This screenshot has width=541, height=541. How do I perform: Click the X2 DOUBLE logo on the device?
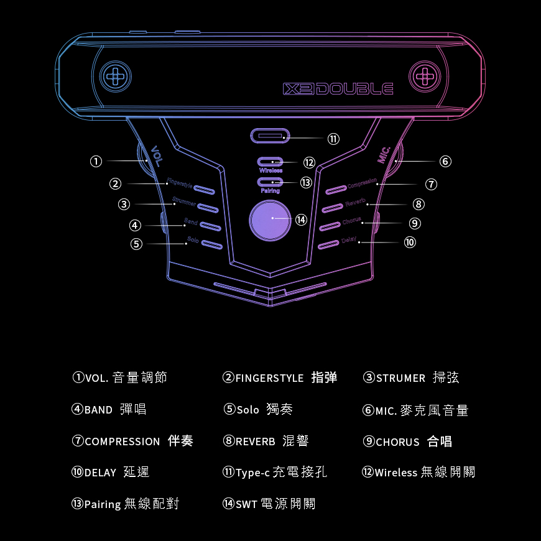[338, 89]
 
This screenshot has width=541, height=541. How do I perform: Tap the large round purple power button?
[270, 220]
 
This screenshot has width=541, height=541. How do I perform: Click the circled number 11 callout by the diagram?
[334, 139]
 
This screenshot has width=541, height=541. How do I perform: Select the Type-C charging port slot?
[269, 136]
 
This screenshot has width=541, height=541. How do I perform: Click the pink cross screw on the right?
[425, 76]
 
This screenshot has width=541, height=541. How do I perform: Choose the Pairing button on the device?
[270, 182]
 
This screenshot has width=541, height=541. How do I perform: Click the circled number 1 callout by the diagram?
[96, 161]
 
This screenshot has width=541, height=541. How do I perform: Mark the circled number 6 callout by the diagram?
[445, 161]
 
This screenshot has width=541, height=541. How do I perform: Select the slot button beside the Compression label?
[335, 189]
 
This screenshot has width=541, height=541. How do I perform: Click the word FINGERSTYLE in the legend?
[269, 378]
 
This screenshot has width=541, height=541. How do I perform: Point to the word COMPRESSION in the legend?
[123, 442]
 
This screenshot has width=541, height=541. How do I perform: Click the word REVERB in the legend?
[256, 442]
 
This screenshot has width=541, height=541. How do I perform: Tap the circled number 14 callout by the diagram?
[302, 220]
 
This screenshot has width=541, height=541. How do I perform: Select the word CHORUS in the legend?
[397, 442]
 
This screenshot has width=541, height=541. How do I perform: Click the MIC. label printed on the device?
[384, 154]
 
